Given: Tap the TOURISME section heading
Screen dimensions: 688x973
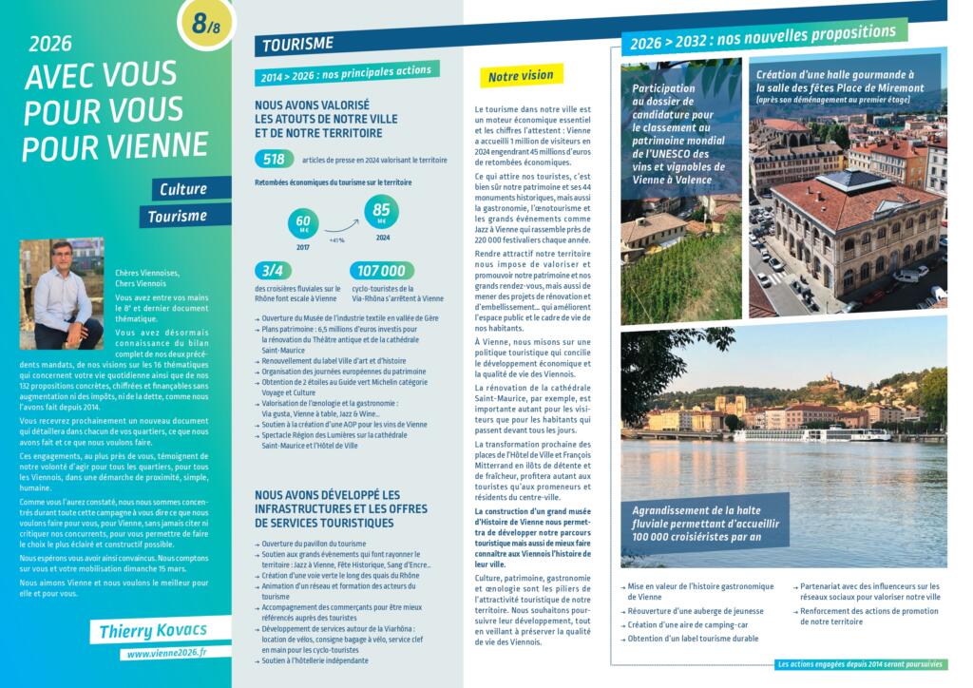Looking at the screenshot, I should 296,44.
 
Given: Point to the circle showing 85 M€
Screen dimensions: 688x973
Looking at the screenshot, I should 382,212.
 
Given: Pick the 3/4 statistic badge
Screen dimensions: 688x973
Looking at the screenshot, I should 274,270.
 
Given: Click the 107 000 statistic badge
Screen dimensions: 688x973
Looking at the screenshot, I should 383,271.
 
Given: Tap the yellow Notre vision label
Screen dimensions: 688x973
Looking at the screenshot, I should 520,75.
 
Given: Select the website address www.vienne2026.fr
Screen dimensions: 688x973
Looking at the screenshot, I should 167,654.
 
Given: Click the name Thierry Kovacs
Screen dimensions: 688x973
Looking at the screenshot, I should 152,630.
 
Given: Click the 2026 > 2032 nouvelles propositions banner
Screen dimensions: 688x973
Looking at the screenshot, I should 762,37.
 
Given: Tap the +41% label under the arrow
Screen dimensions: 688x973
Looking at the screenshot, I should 336,240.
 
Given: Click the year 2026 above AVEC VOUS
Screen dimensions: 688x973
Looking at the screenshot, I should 50,42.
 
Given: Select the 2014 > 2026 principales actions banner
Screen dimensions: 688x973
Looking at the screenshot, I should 346,73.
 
